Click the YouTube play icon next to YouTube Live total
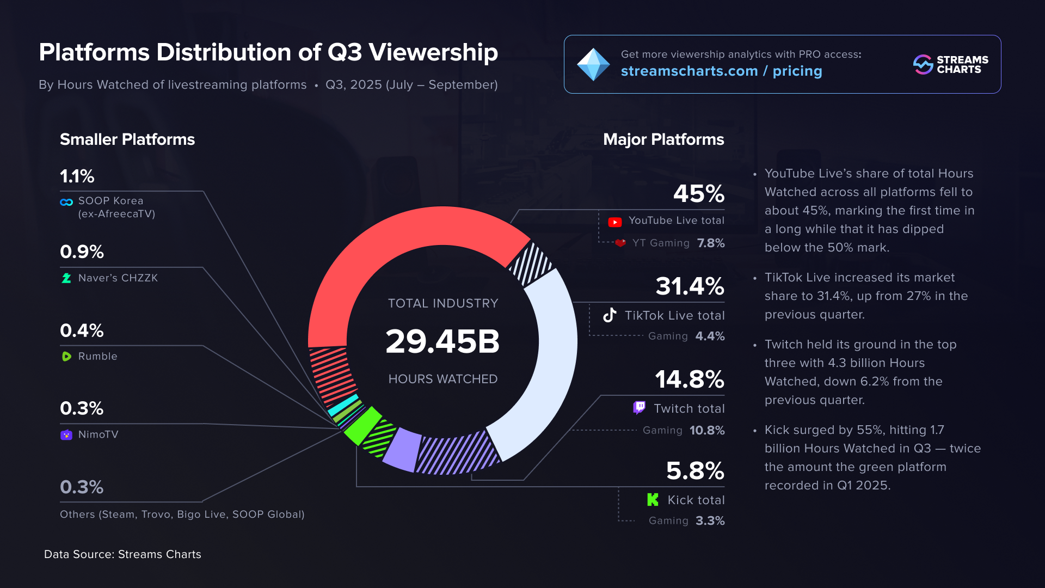pyautogui.click(x=614, y=222)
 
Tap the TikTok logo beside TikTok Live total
pyautogui.click(x=610, y=315)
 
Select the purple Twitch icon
pyautogui.click(x=639, y=408)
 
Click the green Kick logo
pyautogui.click(x=653, y=500)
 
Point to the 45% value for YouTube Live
pyautogui.click(x=699, y=194)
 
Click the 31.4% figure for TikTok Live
pyautogui.click(x=690, y=286)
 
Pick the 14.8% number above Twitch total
pyautogui.click(x=689, y=379)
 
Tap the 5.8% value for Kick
pyautogui.click(x=695, y=471)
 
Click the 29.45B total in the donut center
pyautogui.click(x=442, y=342)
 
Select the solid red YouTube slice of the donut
pyautogui.click(x=392, y=245)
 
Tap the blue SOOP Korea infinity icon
pyautogui.click(x=66, y=202)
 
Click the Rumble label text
pyautogui.click(x=97, y=356)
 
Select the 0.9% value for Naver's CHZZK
pyautogui.click(x=82, y=252)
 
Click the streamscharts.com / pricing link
pyautogui.click(x=721, y=71)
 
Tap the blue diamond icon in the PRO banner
pyautogui.click(x=593, y=65)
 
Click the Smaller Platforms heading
pyautogui.click(x=127, y=139)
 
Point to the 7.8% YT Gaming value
pyautogui.click(x=710, y=243)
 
